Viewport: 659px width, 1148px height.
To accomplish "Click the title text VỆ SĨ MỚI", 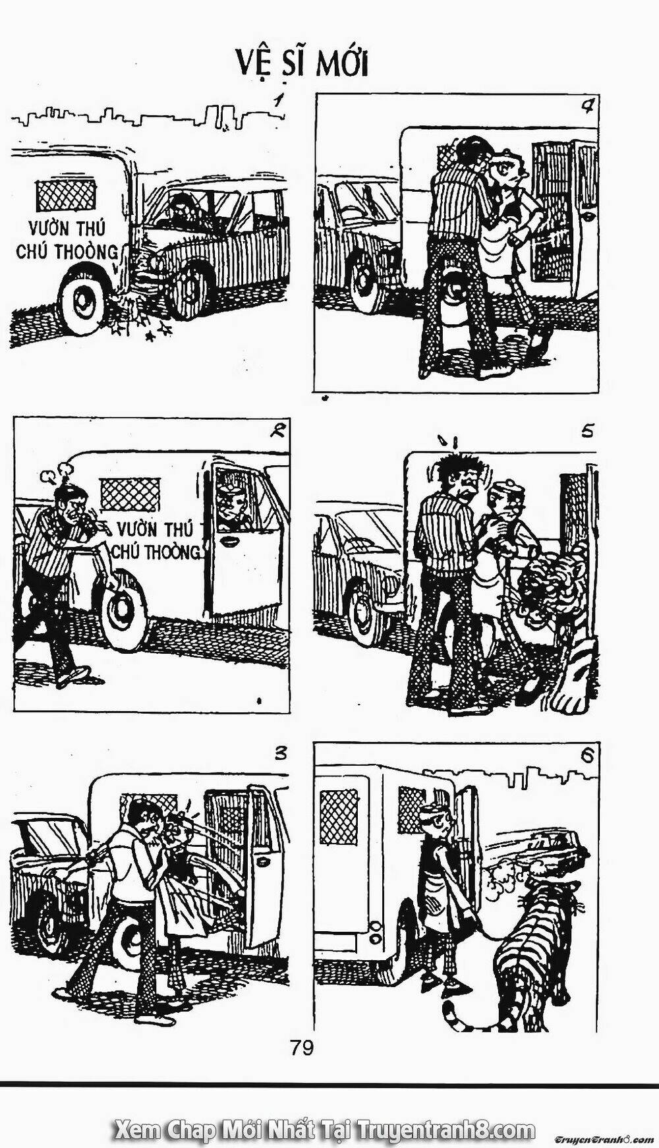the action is click(x=302, y=65).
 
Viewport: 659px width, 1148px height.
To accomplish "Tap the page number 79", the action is click(x=301, y=1047).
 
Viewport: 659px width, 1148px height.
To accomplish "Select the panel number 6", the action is click(x=587, y=757).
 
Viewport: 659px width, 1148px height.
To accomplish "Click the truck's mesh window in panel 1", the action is click(x=66, y=195).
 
